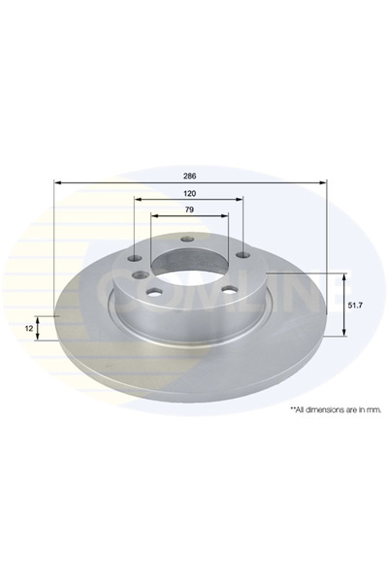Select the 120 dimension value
(x=190, y=194)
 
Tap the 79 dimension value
(x=190, y=211)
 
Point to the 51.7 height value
(x=356, y=305)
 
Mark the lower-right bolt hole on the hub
(x=228, y=288)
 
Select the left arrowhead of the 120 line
(x=133, y=201)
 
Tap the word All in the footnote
(x=295, y=410)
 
